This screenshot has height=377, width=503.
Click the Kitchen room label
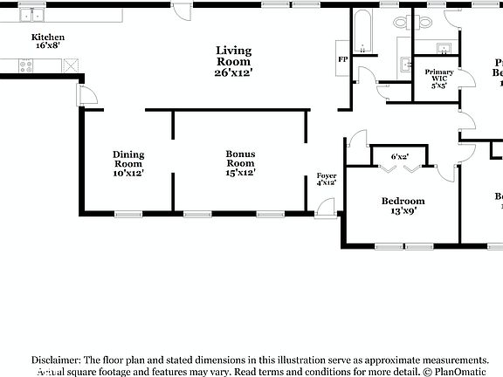point(48,38)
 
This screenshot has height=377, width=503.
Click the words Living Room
point(233,56)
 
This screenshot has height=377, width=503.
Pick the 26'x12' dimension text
point(233,72)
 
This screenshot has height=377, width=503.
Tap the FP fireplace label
point(343,59)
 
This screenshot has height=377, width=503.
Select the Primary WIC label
point(439,75)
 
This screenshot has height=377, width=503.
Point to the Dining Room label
point(128,159)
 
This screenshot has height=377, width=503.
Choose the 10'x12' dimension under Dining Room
point(128,173)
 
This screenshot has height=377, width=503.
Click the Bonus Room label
point(240,159)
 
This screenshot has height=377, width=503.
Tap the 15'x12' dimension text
point(240,173)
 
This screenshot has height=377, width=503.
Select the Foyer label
point(326,176)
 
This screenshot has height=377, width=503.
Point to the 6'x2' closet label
point(401,156)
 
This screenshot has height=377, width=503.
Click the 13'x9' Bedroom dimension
point(403,210)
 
